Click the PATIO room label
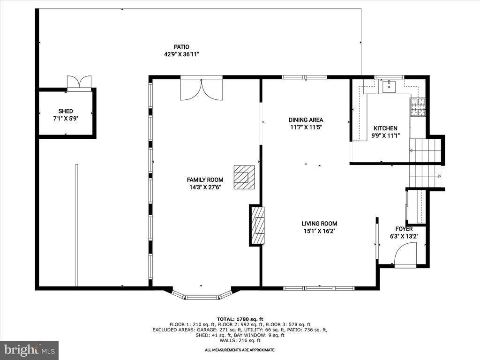click(x=181, y=47)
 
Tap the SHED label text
click(x=66, y=111)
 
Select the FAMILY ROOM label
click(x=205, y=180)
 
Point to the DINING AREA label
click(x=306, y=120)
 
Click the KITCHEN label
click(x=385, y=128)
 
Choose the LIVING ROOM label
click(x=319, y=224)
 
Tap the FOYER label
click(x=404, y=229)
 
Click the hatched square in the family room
click(x=244, y=177)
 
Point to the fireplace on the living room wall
click(x=257, y=225)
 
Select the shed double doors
click(x=79, y=82)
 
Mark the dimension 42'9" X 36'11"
click(x=181, y=55)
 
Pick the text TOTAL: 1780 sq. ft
click(x=240, y=319)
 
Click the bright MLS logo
click(x=30, y=350)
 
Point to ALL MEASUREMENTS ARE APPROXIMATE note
click(x=240, y=350)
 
